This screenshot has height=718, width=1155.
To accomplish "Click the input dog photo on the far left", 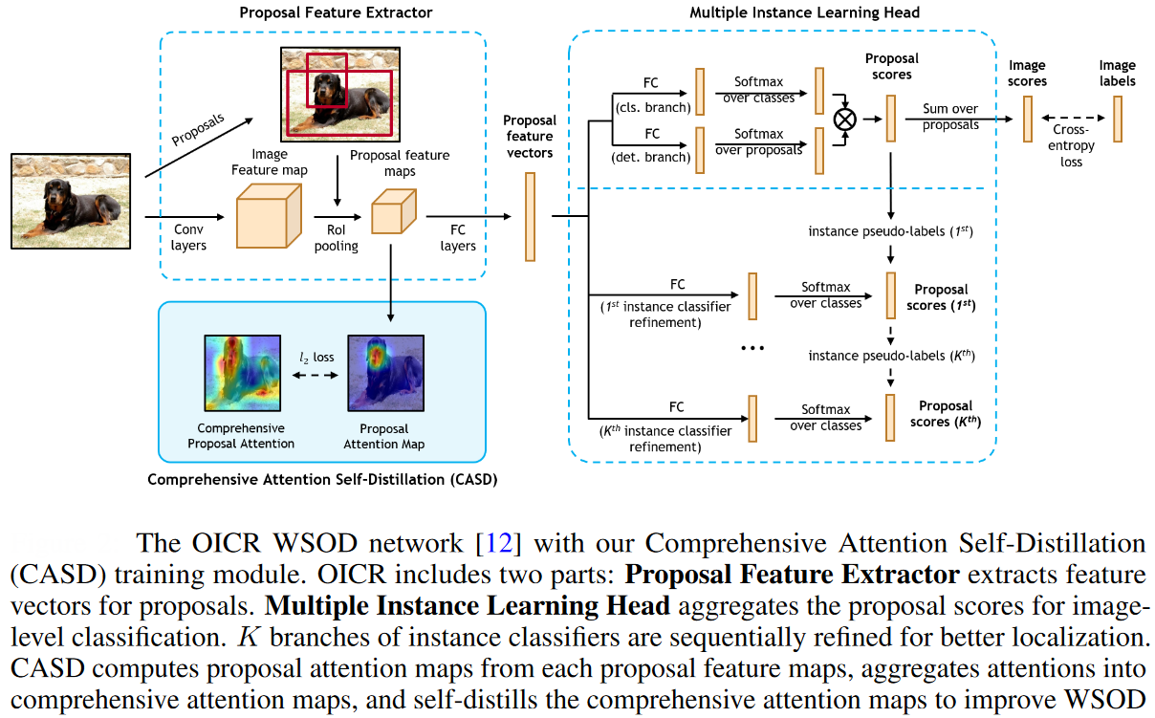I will [x=71, y=201].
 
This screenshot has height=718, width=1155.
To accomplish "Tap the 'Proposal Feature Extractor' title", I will [x=322, y=12].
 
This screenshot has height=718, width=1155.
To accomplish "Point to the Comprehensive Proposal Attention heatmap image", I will [x=241, y=374].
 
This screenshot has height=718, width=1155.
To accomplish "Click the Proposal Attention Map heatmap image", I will [x=383, y=374].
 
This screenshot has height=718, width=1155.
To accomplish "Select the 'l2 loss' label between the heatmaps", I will [x=316, y=358].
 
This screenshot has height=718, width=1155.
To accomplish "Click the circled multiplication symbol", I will [x=844, y=120].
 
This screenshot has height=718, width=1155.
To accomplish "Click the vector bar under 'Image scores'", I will [x=1028, y=120].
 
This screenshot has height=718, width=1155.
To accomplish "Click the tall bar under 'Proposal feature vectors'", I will [x=530, y=216].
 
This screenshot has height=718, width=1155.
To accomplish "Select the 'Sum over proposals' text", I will [x=950, y=117].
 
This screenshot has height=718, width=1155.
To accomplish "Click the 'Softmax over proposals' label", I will [x=758, y=141].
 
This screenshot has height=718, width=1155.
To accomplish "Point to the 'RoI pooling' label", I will [x=337, y=238].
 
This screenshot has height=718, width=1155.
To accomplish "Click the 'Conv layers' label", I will [x=189, y=238].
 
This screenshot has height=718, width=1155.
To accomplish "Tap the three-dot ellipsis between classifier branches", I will [x=752, y=348].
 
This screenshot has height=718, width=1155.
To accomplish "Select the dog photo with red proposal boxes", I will [x=338, y=94].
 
